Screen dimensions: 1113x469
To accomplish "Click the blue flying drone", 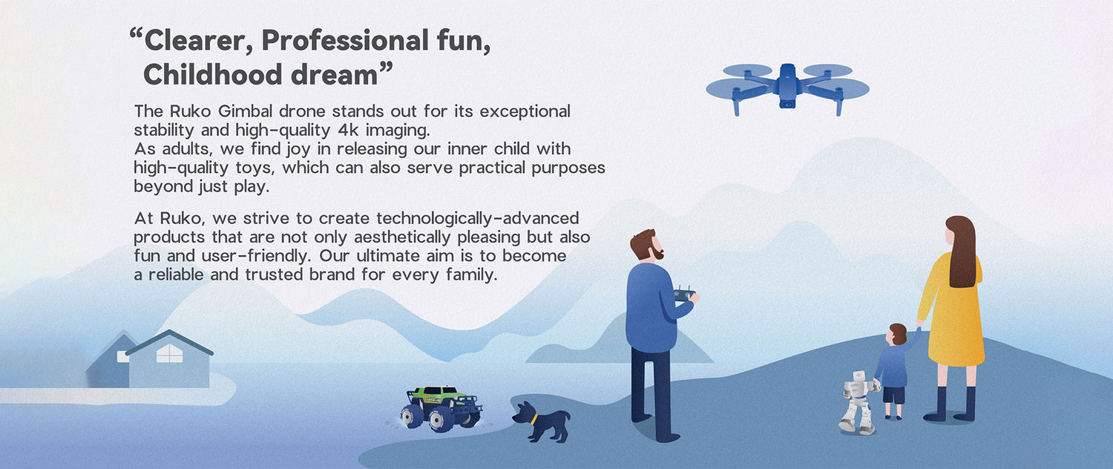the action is point(787,88).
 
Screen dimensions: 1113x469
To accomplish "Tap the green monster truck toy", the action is point(441,408).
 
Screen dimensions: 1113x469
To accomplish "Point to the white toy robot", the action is point(858,402).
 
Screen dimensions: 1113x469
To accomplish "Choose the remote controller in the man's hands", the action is point(684,294).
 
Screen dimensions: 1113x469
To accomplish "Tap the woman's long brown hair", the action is point(962,252).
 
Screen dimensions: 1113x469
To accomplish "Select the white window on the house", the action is point(169,353).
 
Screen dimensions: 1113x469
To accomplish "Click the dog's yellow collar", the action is point(534,419).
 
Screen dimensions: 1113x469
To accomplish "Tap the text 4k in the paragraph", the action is point(348,130).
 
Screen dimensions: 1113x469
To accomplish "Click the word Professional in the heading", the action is point(345,41).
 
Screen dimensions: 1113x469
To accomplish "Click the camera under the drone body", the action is point(787,103).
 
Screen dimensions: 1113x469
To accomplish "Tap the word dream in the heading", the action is point(334,75).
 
